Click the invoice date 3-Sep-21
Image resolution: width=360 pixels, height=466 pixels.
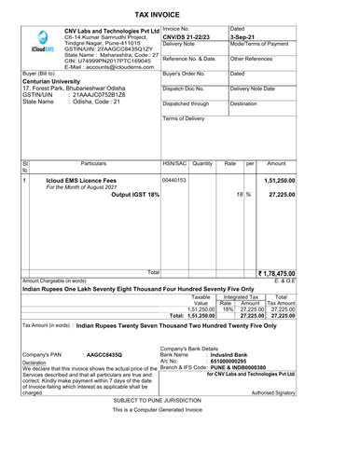pyautogui.click(x=242, y=37)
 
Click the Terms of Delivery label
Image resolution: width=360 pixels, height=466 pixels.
pyautogui.click(x=184, y=119)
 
